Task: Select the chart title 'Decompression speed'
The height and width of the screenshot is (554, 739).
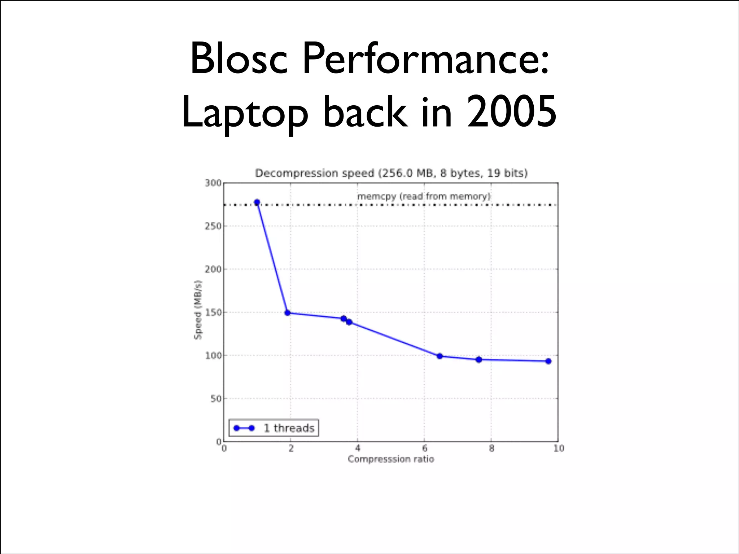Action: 314,173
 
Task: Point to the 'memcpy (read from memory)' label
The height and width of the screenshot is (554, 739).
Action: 424,196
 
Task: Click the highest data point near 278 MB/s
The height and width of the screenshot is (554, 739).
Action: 257,202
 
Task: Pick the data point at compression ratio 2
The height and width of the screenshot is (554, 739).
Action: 288,313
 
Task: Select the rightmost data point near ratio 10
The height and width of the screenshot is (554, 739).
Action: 548,361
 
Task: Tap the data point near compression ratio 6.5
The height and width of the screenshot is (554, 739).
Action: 440,356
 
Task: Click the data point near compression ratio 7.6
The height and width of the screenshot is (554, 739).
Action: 479,360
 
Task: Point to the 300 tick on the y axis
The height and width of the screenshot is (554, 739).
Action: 213,183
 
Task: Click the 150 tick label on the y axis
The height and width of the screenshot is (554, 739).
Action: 213,312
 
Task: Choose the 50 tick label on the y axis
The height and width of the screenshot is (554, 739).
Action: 215,399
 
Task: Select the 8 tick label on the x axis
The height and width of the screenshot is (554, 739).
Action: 491,448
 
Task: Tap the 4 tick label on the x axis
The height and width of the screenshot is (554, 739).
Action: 358,448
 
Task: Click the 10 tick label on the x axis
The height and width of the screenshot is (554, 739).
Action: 559,448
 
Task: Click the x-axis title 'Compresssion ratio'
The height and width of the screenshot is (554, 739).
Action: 391,459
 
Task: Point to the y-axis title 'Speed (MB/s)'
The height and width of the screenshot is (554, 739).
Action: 198,310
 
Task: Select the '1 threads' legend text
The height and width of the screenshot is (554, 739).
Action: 289,428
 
